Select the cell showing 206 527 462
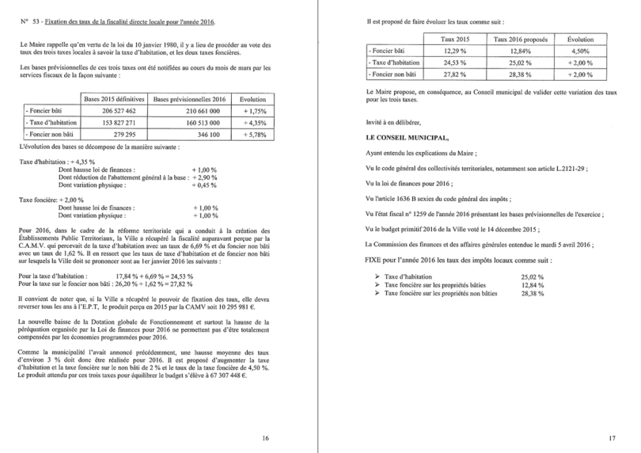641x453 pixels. [115, 112]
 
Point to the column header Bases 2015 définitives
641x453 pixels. [115, 100]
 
